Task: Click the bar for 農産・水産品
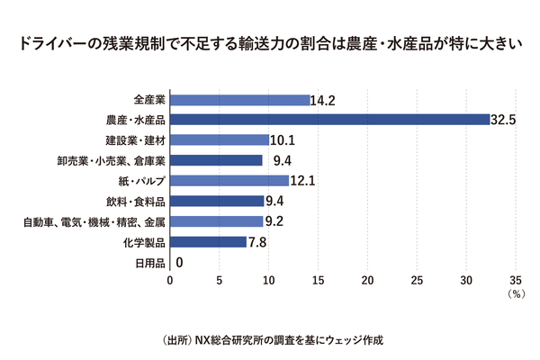329,120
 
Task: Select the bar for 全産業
239,100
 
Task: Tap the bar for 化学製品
208,242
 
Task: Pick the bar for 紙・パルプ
229,181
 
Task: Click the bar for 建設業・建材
220,139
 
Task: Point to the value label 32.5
502,120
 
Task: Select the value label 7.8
256,242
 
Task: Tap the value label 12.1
301,181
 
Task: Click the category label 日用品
149,263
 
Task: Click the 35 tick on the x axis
516,281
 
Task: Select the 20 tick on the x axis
367,281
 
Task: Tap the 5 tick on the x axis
220,281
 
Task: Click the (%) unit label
515,293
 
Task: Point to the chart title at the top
270,43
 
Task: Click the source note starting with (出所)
270,340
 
